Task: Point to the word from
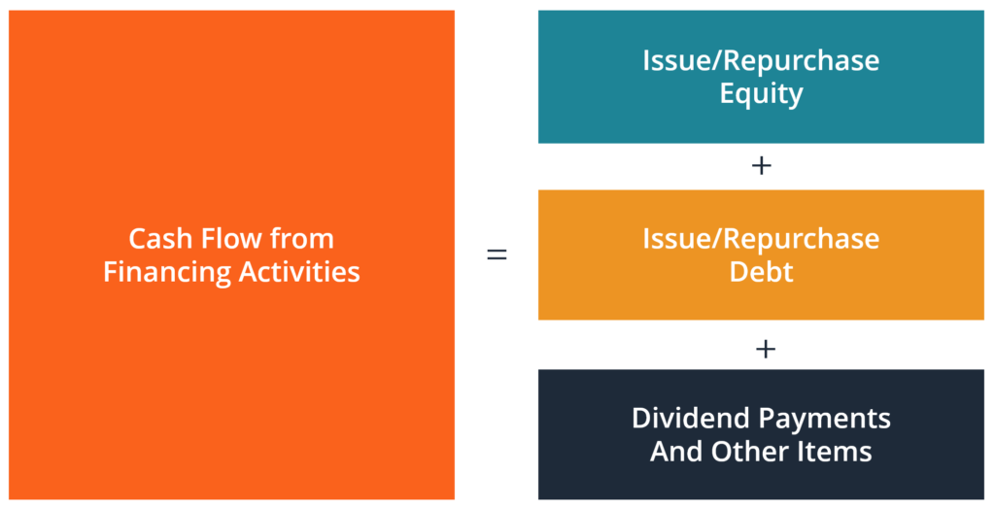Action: coord(305,239)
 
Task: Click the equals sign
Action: coord(497,255)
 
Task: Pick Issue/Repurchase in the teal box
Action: coord(761,60)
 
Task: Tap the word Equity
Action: coord(761,94)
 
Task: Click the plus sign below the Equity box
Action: coord(762,166)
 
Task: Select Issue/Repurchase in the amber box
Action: coord(761,238)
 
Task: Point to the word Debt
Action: coord(761,272)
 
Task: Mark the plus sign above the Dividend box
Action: coord(765,347)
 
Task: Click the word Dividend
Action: coord(693,418)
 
